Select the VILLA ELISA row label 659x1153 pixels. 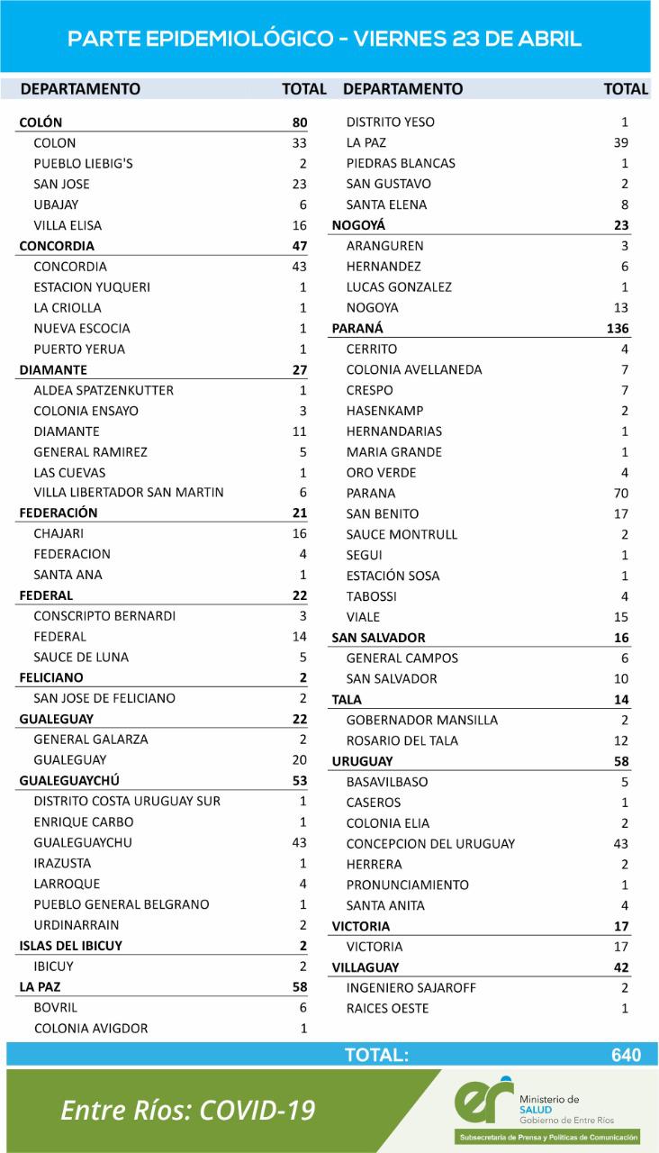coord(68,225)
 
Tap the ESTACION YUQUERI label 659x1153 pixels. coord(92,287)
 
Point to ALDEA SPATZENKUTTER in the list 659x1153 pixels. coord(104,390)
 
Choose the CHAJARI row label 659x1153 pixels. coord(60,533)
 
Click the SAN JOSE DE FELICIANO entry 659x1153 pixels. coord(104,698)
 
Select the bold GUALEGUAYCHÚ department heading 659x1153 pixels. coord(69,780)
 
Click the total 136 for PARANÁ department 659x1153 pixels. coord(618,329)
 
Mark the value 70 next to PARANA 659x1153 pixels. coord(620,494)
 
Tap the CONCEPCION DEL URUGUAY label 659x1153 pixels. coord(430,844)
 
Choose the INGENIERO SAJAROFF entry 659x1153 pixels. coord(411,988)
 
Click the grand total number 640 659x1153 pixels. coord(625,1055)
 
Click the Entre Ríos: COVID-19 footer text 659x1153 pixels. coord(187,1111)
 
